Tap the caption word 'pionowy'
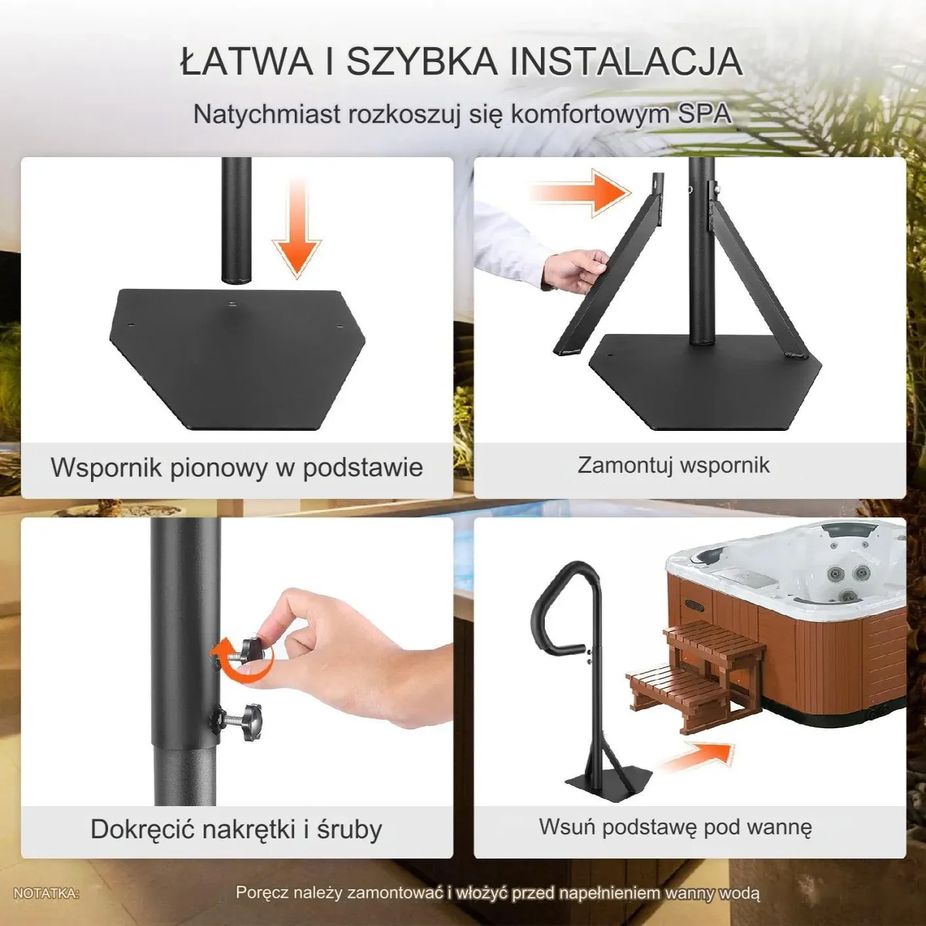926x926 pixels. (218, 468)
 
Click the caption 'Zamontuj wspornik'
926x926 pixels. (673, 465)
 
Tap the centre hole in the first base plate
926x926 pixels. (232, 304)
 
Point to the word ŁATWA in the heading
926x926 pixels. (246, 61)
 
